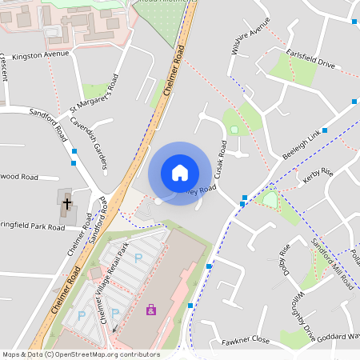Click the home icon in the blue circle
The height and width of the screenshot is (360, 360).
click(x=180, y=173)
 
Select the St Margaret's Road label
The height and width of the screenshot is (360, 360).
click(x=94, y=93)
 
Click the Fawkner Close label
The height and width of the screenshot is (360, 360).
click(x=246, y=340)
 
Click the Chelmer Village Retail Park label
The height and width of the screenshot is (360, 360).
click(x=114, y=282)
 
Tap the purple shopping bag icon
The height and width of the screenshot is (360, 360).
click(x=151, y=309)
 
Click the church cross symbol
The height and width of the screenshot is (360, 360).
click(x=67, y=204)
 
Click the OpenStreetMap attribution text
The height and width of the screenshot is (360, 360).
click(x=80, y=354)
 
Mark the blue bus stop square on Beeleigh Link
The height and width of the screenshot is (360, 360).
click(x=325, y=130)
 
